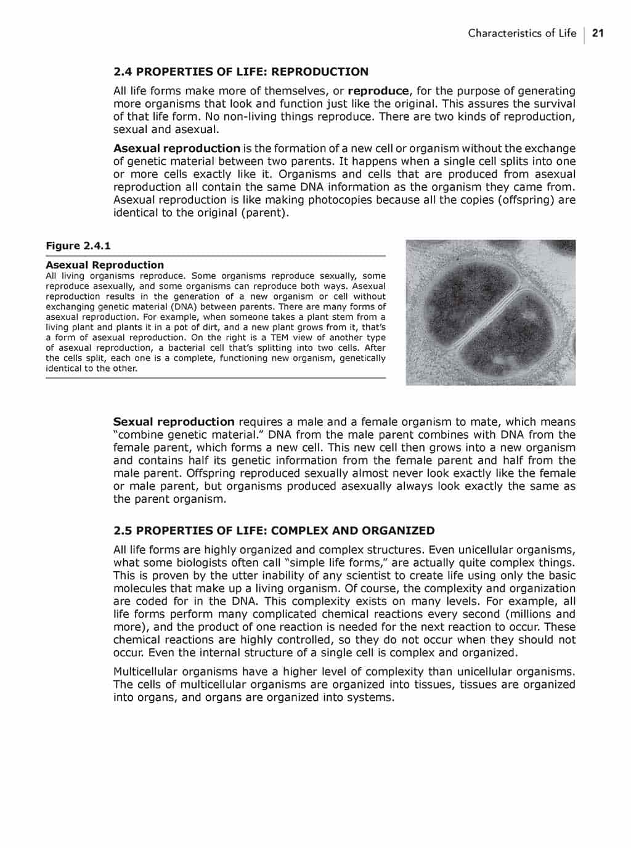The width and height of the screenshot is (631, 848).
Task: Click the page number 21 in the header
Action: pyautogui.click(x=598, y=33)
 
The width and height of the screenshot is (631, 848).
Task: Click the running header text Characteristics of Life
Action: pyautogui.click(x=522, y=33)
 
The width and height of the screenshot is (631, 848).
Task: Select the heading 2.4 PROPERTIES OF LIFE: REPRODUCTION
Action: pyautogui.click(x=241, y=71)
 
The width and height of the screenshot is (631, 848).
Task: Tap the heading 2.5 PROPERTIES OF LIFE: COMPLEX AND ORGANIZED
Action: pyautogui.click(x=274, y=531)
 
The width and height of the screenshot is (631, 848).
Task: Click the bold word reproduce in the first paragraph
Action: pyautogui.click(x=378, y=91)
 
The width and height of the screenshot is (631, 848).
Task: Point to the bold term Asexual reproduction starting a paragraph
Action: pyautogui.click(x=177, y=148)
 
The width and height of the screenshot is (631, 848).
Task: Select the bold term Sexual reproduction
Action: pyautogui.click(x=174, y=422)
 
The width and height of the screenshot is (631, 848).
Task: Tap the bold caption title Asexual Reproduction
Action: pyautogui.click(x=105, y=265)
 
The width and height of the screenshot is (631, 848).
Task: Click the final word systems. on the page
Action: pyautogui.click(x=370, y=698)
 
